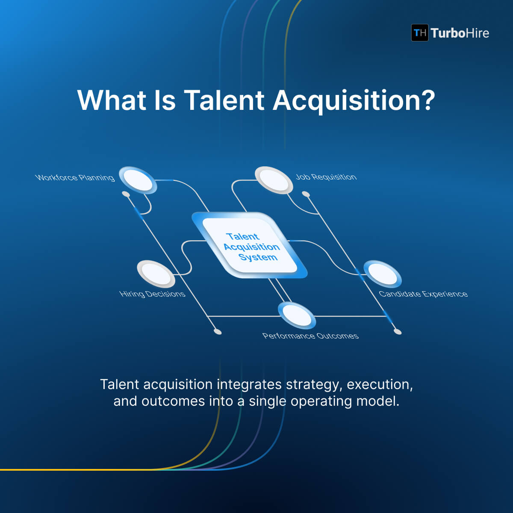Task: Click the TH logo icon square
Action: pyautogui.click(x=420, y=33)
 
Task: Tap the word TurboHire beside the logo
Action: pyautogui.click(x=460, y=33)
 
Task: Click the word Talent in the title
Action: pyautogui.click(x=224, y=100)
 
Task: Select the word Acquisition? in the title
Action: pyautogui.click(x=354, y=101)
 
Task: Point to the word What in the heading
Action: pyautogui.click(x=112, y=100)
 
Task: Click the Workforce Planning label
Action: pyautogui.click(x=75, y=177)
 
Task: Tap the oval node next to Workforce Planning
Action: pyautogui.click(x=138, y=180)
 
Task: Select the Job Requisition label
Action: pyautogui.click(x=326, y=177)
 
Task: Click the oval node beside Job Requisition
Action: pyautogui.click(x=274, y=180)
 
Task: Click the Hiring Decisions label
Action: pyautogui.click(x=152, y=294)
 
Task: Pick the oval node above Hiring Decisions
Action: pyautogui.click(x=156, y=274)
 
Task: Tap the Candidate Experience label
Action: pyautogui.click(x=423, y=294)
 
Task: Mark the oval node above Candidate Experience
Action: pyautogui.click(x=382, y=274)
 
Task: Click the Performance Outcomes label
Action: pyautogui.click(x=310, y=336)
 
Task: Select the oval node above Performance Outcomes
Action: pyautogui.click(x=296, y=315)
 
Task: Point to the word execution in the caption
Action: pyautogui.click(x=380, y=385)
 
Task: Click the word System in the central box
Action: pyautogui.click(x=258, y=257)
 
